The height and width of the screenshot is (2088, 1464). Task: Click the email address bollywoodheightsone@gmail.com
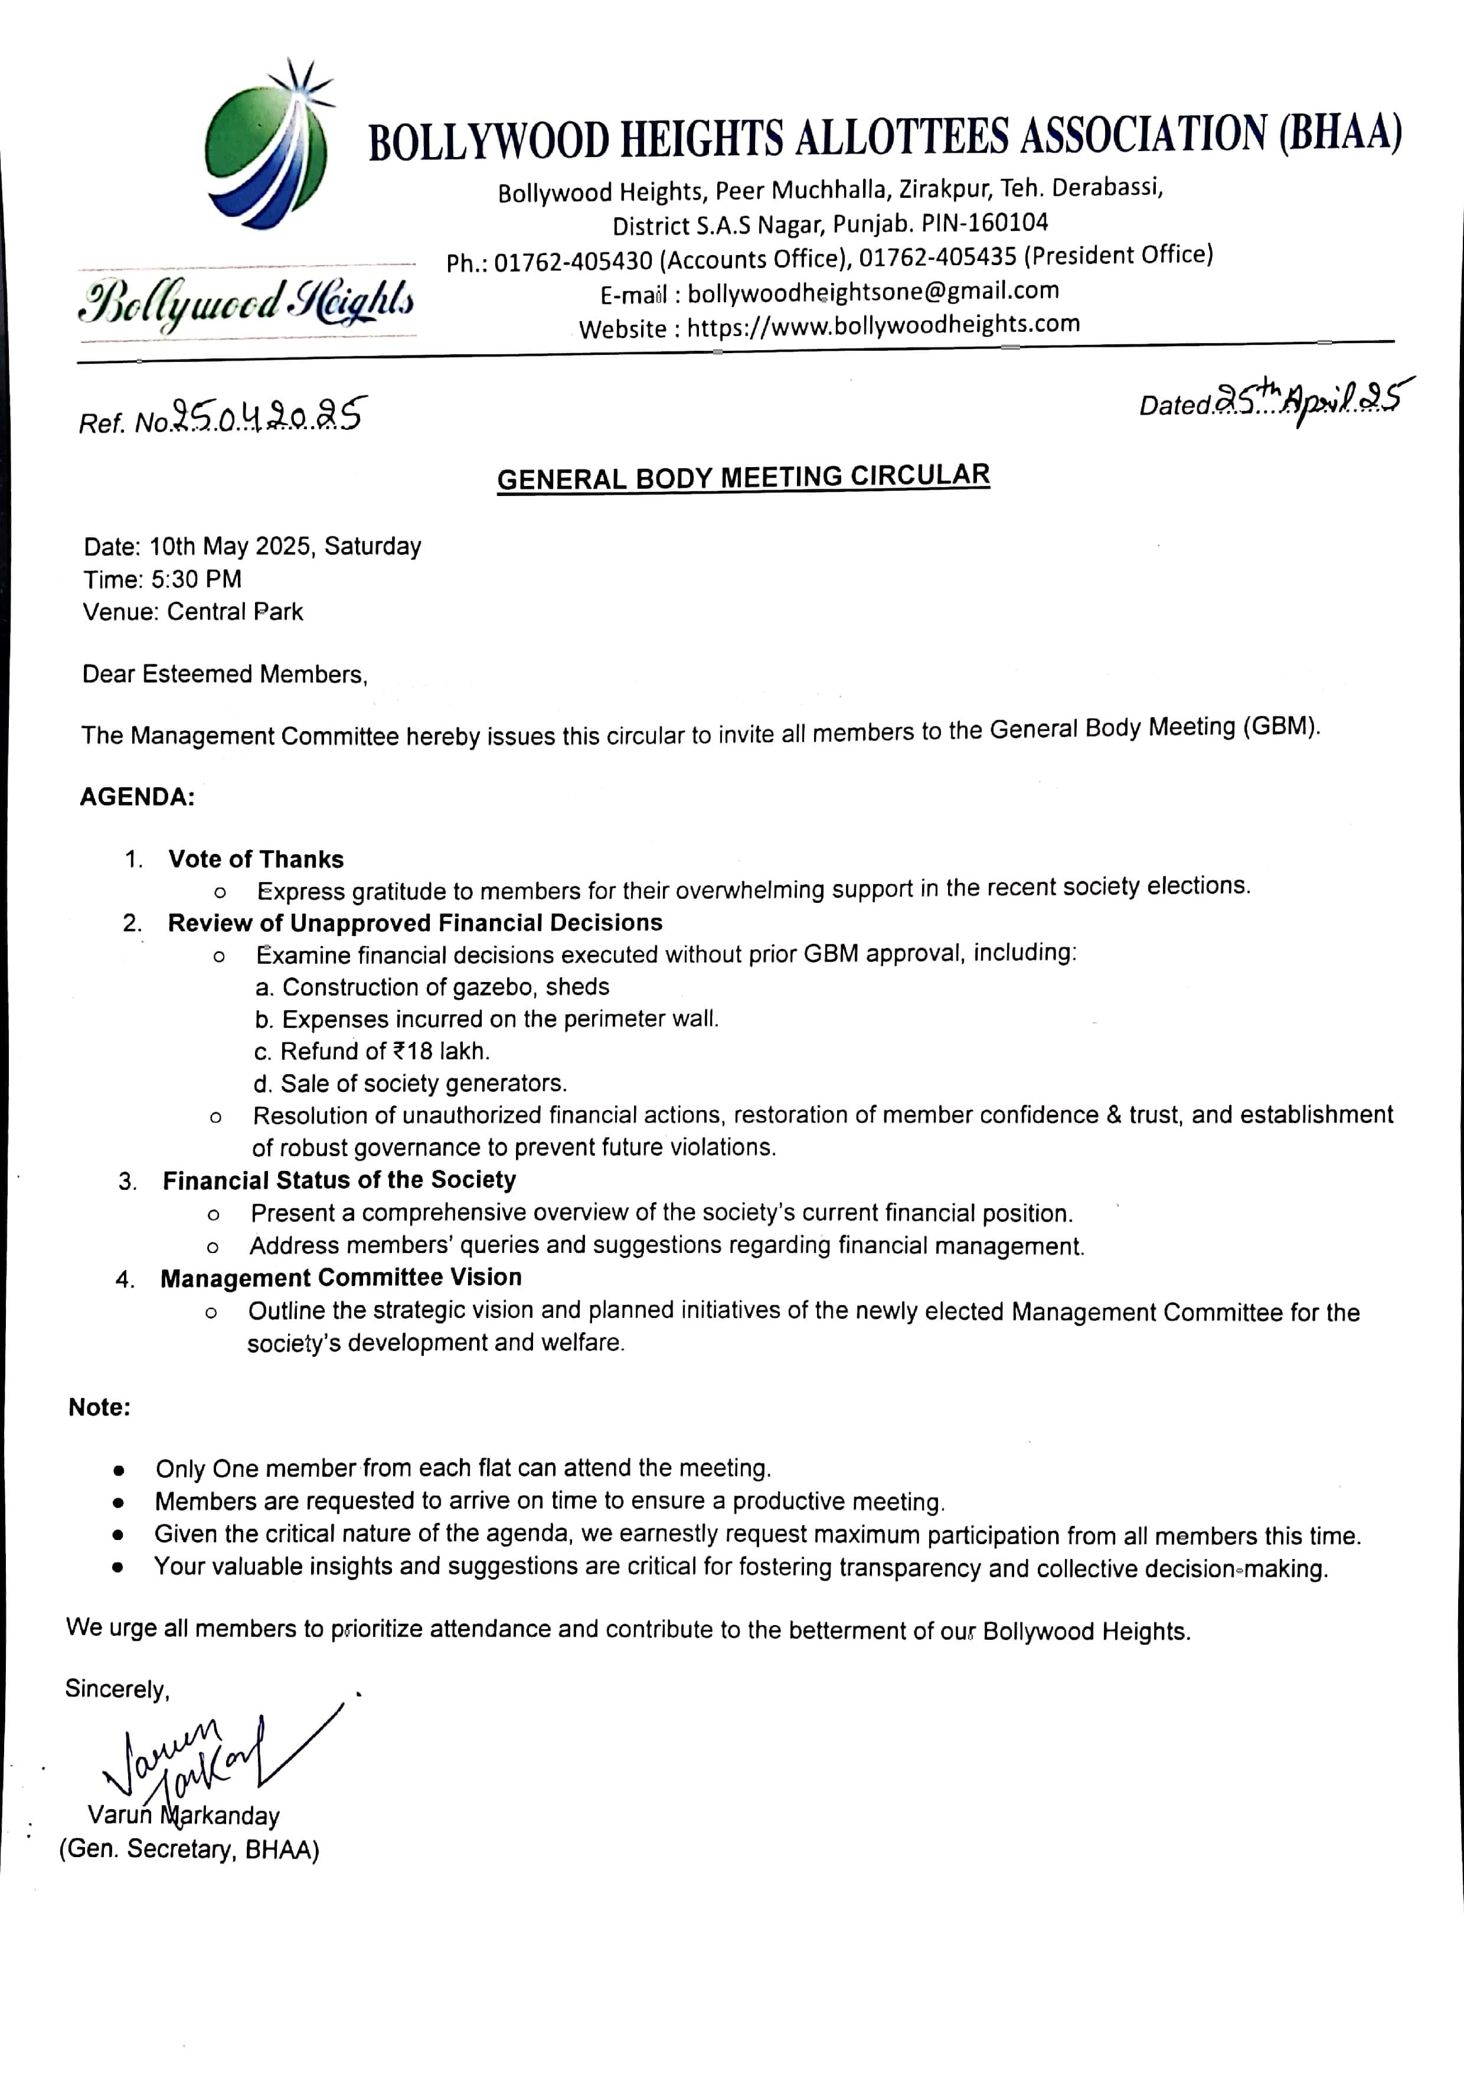[873, 292]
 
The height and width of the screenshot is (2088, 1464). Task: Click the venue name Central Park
[234, 612]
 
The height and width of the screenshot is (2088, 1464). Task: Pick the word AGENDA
[138, 798]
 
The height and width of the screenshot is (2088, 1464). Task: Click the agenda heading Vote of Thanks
[256, 859]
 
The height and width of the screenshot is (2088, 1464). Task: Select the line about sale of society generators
[411, 1083]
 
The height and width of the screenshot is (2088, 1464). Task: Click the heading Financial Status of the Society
[339, 1180]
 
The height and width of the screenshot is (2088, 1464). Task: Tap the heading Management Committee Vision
[341, 1278]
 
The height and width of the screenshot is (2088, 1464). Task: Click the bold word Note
[99, 1408]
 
